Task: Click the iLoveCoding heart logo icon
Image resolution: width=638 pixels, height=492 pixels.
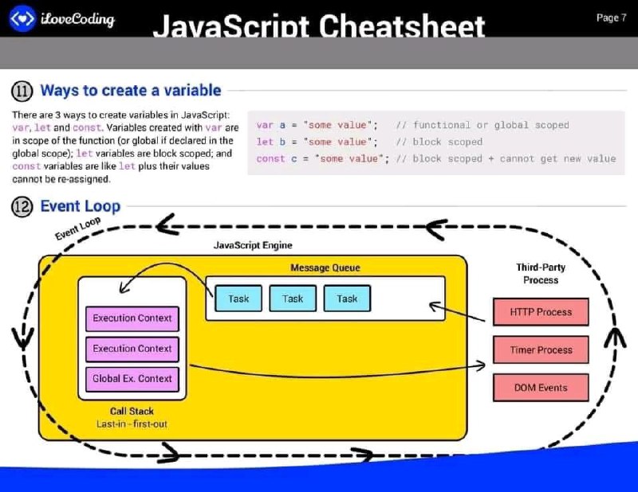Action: click(x=22, y=18)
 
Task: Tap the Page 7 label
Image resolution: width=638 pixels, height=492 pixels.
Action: click(x=611, y=18)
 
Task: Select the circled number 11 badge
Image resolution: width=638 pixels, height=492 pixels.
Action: click(x=22, y=91)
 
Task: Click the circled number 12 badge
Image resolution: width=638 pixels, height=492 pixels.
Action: click(x=22, y=207)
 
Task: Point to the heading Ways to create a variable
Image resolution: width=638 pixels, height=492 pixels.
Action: click(x=131, y=90)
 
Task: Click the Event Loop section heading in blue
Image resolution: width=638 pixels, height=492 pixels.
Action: click(x=81, y=206)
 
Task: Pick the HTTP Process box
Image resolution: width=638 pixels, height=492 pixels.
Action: click(x=541, y=312)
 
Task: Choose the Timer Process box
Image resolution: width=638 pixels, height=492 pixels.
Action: click(x=541, y=349)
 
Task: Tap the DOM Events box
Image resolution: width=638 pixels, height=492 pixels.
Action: click(x=541, y=388)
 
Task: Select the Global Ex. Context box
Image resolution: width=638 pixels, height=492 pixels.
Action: click(x=132, y=379)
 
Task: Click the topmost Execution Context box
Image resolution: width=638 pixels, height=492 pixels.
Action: click(x=132, y=318)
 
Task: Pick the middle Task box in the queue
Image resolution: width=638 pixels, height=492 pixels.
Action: click(x=293, y=299)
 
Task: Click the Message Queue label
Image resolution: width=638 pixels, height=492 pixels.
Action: click(x=325, y=267)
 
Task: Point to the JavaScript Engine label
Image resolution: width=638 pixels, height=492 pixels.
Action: click(x=253, y=245)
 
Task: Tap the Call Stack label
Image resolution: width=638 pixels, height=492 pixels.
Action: click(x=132, y=411)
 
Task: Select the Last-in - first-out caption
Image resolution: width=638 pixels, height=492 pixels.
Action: click(x=132, y=424)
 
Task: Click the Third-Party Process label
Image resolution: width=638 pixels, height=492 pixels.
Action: click(x=541, y=273)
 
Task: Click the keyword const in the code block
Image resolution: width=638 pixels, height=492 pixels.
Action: click(x=270, y=159)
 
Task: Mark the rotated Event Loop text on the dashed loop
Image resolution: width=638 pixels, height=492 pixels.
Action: click(x=77, y=228)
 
